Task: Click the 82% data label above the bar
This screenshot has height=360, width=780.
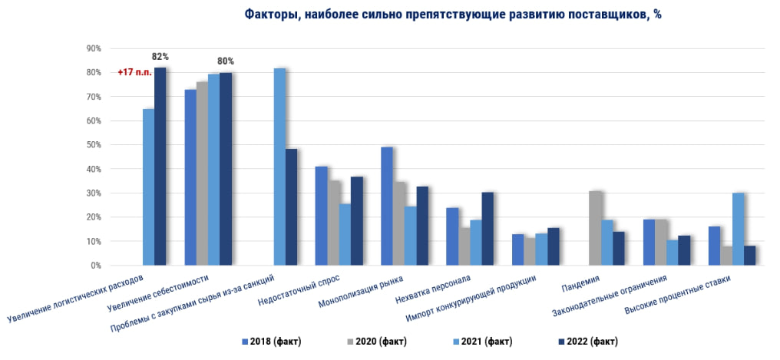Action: point(160,57)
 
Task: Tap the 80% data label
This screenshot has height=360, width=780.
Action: point(226,61)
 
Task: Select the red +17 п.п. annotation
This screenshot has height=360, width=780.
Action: point(134,72)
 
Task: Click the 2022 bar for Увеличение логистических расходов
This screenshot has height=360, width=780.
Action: point(160,166)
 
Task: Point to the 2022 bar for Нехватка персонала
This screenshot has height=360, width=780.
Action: point(488,228)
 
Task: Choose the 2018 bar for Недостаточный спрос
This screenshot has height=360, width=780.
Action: point(321,216)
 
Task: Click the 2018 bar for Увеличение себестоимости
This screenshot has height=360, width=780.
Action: point(190,177)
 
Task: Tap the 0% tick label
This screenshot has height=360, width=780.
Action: point(95,266)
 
